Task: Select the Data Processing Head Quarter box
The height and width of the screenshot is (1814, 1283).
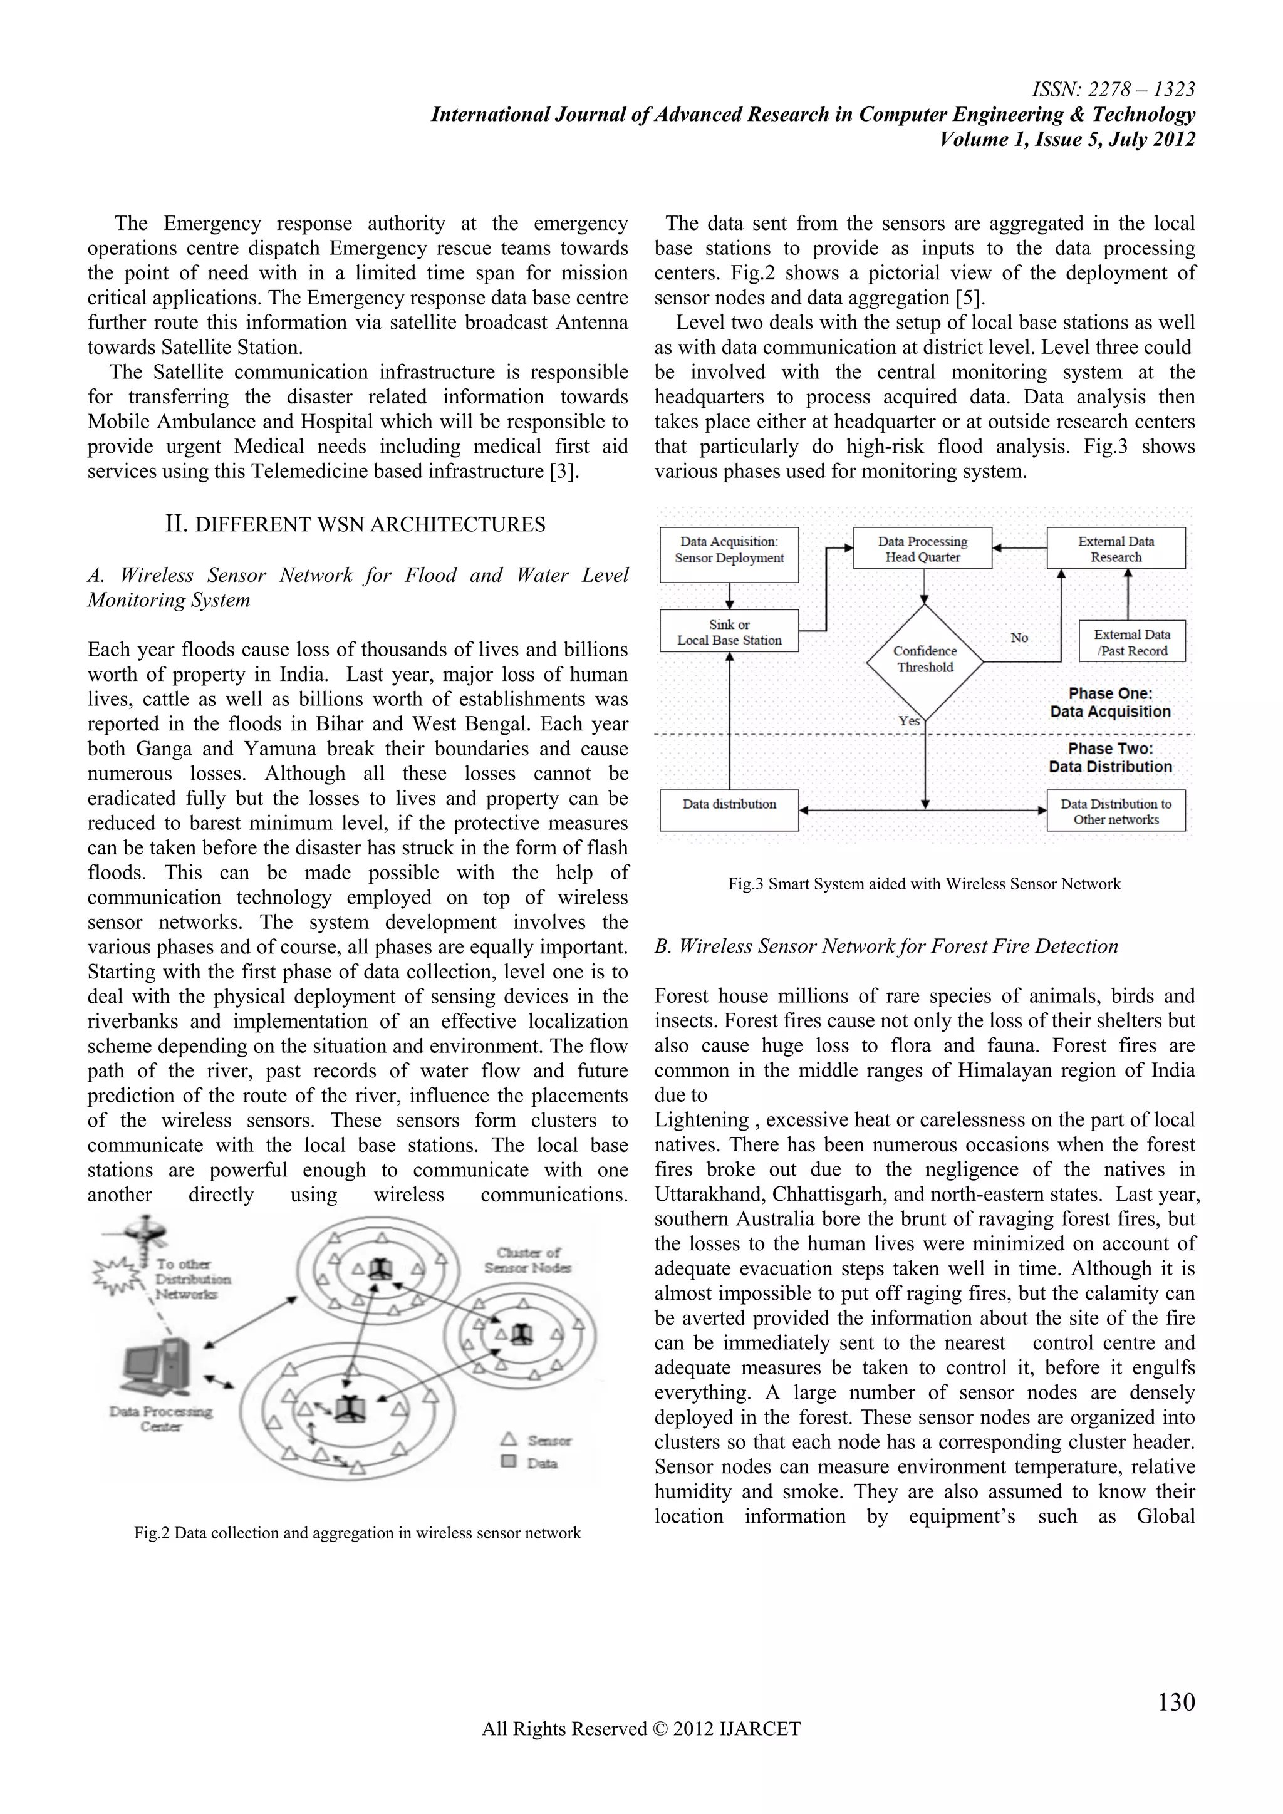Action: coord(922,548)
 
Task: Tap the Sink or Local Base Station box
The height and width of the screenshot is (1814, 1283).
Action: coord(729,631)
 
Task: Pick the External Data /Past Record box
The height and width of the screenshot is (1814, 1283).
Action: coord(1131,642)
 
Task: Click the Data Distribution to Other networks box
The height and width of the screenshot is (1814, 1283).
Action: coord(1116,811)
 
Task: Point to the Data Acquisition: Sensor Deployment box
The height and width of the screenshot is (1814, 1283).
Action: coord(729,553)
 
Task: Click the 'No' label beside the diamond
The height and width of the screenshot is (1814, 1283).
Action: coord(1019,638)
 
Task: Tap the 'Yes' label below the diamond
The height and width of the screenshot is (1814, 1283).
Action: coord(908,720)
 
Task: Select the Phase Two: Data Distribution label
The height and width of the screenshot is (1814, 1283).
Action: coord(1110,758)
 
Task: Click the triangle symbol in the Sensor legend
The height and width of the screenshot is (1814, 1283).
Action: coord(509,1439)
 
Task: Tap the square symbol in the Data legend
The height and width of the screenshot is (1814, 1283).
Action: coord(509,1461)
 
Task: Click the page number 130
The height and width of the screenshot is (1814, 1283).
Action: coord(1175,1701)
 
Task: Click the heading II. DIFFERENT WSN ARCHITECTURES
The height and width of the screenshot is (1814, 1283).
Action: coord(355,525)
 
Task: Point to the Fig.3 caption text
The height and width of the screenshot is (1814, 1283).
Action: coord(923,884)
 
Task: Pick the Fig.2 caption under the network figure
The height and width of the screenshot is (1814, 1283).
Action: coord(357,1533)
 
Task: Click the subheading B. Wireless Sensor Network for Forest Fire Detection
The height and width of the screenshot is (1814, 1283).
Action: coord(886,946)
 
